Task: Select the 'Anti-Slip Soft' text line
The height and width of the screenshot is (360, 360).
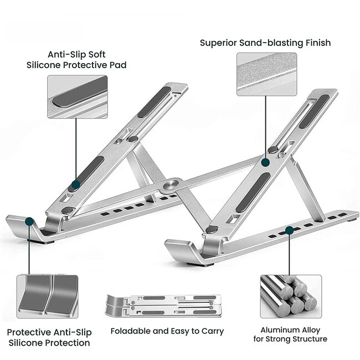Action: click(76, 54)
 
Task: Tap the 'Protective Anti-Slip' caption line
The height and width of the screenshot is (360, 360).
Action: click(49, 332)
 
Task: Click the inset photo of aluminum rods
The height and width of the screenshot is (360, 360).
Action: click(288, 294)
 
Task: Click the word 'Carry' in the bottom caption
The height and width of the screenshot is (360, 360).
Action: click(211, 331)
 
